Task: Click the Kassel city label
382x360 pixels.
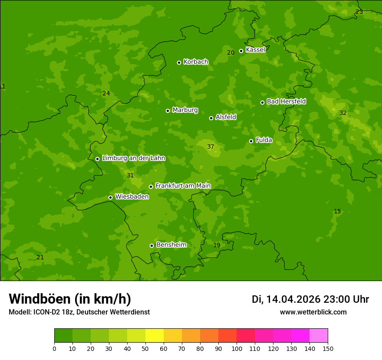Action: [255, 50]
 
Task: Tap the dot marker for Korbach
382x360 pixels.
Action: [179, 62]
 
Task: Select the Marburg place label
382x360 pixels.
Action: [185, 110]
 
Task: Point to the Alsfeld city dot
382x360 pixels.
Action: [211, 118]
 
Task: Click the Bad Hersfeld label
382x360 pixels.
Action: [286, 101]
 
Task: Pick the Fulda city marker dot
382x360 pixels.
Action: [251, 141]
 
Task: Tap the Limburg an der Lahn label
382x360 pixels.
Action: [133, 158]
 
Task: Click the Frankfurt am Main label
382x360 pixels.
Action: [183, 186]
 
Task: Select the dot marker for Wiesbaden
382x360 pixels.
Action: [110, 197]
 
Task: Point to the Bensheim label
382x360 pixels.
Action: [171, 245]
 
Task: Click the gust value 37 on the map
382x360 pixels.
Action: [211, 147]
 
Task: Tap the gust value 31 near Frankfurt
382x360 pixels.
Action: [130, 176]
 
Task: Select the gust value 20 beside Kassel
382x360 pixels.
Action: [231, 52]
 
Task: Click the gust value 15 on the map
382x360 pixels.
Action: [337, 212]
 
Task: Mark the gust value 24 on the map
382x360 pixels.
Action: [106, 94]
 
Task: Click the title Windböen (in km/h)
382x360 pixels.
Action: [70, 299]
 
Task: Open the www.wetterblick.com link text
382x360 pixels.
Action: [313, 312]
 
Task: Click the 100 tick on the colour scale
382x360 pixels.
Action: [237, 348]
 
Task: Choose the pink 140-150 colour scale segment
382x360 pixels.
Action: [319, 335]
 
